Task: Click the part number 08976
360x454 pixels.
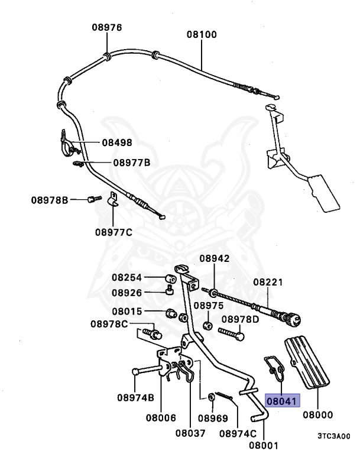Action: [x=106, y=27]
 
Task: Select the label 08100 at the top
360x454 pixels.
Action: [x=202, y=34]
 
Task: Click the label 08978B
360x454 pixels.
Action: [x=50, y=200]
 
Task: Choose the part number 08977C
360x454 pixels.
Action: [x=113, y=232]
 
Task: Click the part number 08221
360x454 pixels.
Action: [x=268, y=283]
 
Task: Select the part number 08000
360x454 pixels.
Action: [x=318, y=414]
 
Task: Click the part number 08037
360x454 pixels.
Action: [x=190, y=432]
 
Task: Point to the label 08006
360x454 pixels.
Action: [x=161, y=417]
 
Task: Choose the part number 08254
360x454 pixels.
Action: [x=127, y=277]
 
